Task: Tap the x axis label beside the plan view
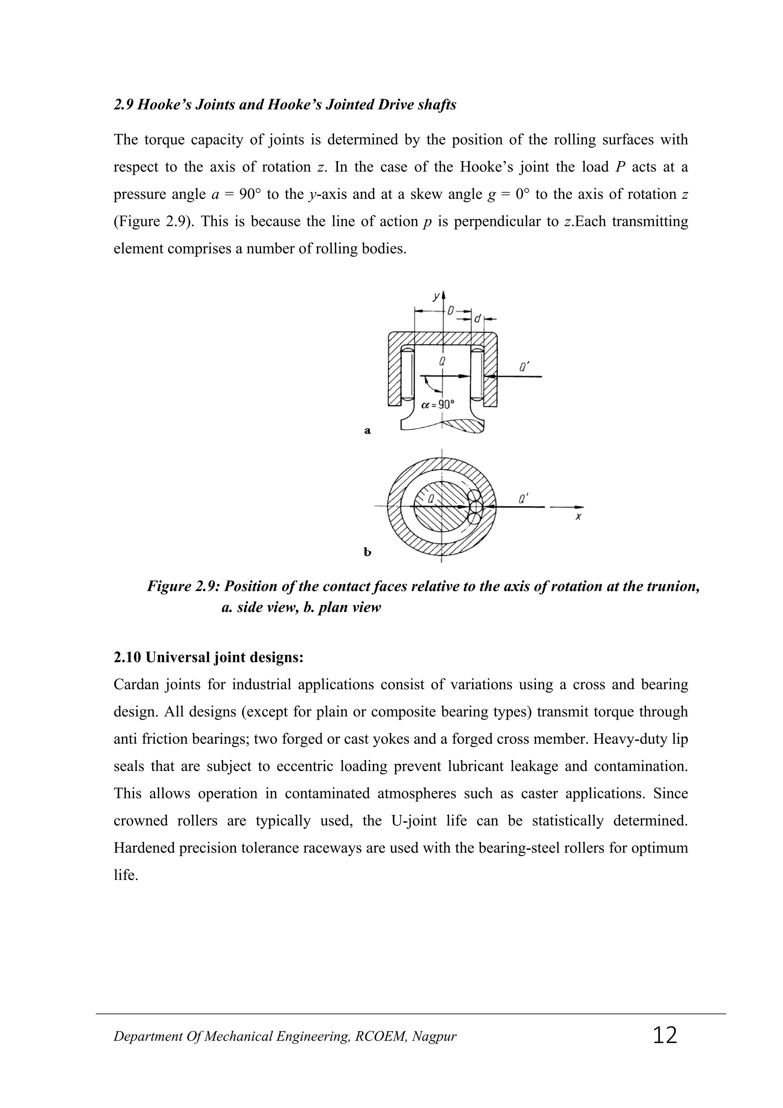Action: (x=578, y=517)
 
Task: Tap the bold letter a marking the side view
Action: (x=367, y=431)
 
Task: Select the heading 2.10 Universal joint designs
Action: (x=208, y=657)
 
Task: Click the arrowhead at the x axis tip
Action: (x=580, y=507)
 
